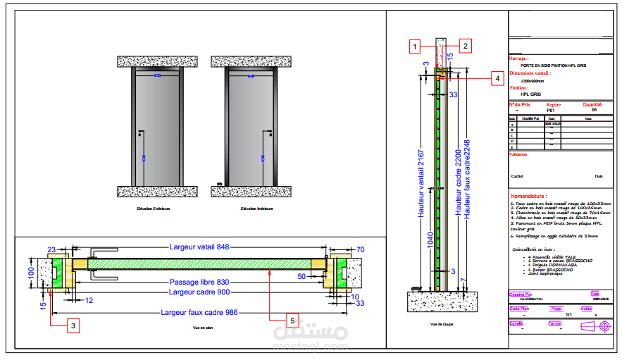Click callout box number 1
tap(416, 46)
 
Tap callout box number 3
tap(73, 325)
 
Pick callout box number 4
tap(497, 78)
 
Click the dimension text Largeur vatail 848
tap(200, 247)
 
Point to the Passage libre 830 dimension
tap(199, 282)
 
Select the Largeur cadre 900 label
tap(199, 292)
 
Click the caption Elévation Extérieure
tap(155, 209)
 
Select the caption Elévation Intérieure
tap(256, 209)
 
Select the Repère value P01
tap(551, 111)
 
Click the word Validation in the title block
tap(518, 154)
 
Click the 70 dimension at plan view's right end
tap(360, 249)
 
